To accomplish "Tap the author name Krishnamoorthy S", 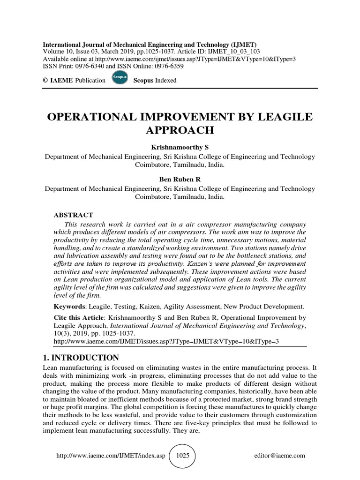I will pyautogui.click(x=180, y=147).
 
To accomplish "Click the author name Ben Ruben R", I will pyautogui.click(x=180, y=179).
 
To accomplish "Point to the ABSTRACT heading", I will pyautogui.click(x=74, y=215).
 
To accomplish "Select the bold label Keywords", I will pyautogui.click(x=69, y=307).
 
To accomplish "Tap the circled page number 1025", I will pyautogui.click(x=182, y=456).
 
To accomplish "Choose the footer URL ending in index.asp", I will pyautogui.click(x=111, y=456).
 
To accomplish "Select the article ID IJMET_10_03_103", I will pyautogui.click(x=234, y=51).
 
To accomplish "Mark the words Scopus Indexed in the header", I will pyautogui.click(x=155, y=80).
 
